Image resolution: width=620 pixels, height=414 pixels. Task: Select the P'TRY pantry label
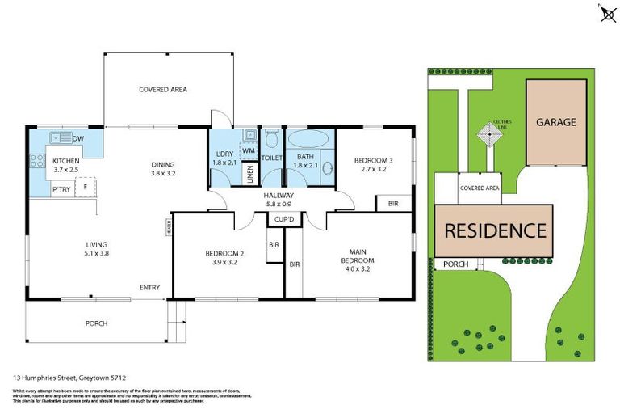click(x=61, y=189)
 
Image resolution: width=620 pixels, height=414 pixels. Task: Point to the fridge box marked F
click(x=86, y=188)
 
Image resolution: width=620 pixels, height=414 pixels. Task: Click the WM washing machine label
click(x=248, y=150)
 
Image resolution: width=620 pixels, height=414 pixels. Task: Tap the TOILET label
click(x=270, y=158)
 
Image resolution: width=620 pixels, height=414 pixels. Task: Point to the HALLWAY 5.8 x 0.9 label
click(x=278, y=199)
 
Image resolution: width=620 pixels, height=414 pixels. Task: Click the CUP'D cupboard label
click(x=283, y=219)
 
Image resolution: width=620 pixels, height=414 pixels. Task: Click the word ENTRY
click(x=149, y=287)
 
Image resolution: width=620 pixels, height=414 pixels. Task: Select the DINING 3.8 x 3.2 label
click(x=162, y=167)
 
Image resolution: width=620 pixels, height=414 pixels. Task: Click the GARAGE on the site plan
click(x=556, y=122)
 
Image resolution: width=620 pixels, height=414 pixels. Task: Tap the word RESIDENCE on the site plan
click(x=494, y=230)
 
